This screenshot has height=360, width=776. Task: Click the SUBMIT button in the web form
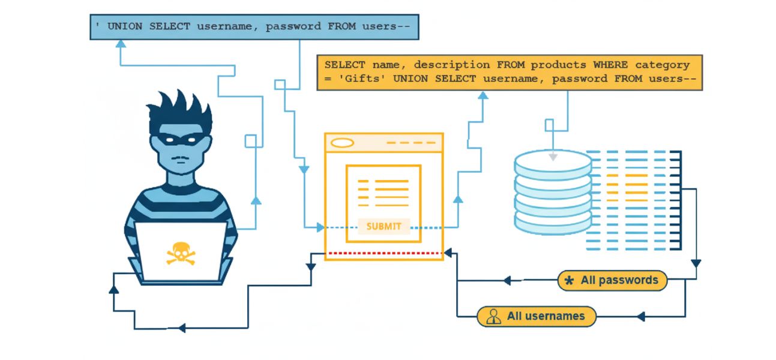click(x=383, y=226)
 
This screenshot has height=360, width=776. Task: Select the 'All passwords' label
click(x=619, y=280)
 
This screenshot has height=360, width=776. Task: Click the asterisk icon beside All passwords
click(x=570, y=281)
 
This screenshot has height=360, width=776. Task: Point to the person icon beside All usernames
click(x=493, y=317)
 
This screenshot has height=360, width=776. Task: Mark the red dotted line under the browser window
click(x=383, y=253)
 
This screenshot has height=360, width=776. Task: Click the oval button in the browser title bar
click(x=343, y=143)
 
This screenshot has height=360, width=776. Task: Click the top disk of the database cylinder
click(x=553, y=161)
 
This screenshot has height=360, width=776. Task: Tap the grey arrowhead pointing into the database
click(x=553, y=157)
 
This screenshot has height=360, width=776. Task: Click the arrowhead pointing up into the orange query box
click(x=483, y=95)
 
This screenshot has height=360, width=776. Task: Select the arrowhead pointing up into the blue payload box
click(x=120, y=44)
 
